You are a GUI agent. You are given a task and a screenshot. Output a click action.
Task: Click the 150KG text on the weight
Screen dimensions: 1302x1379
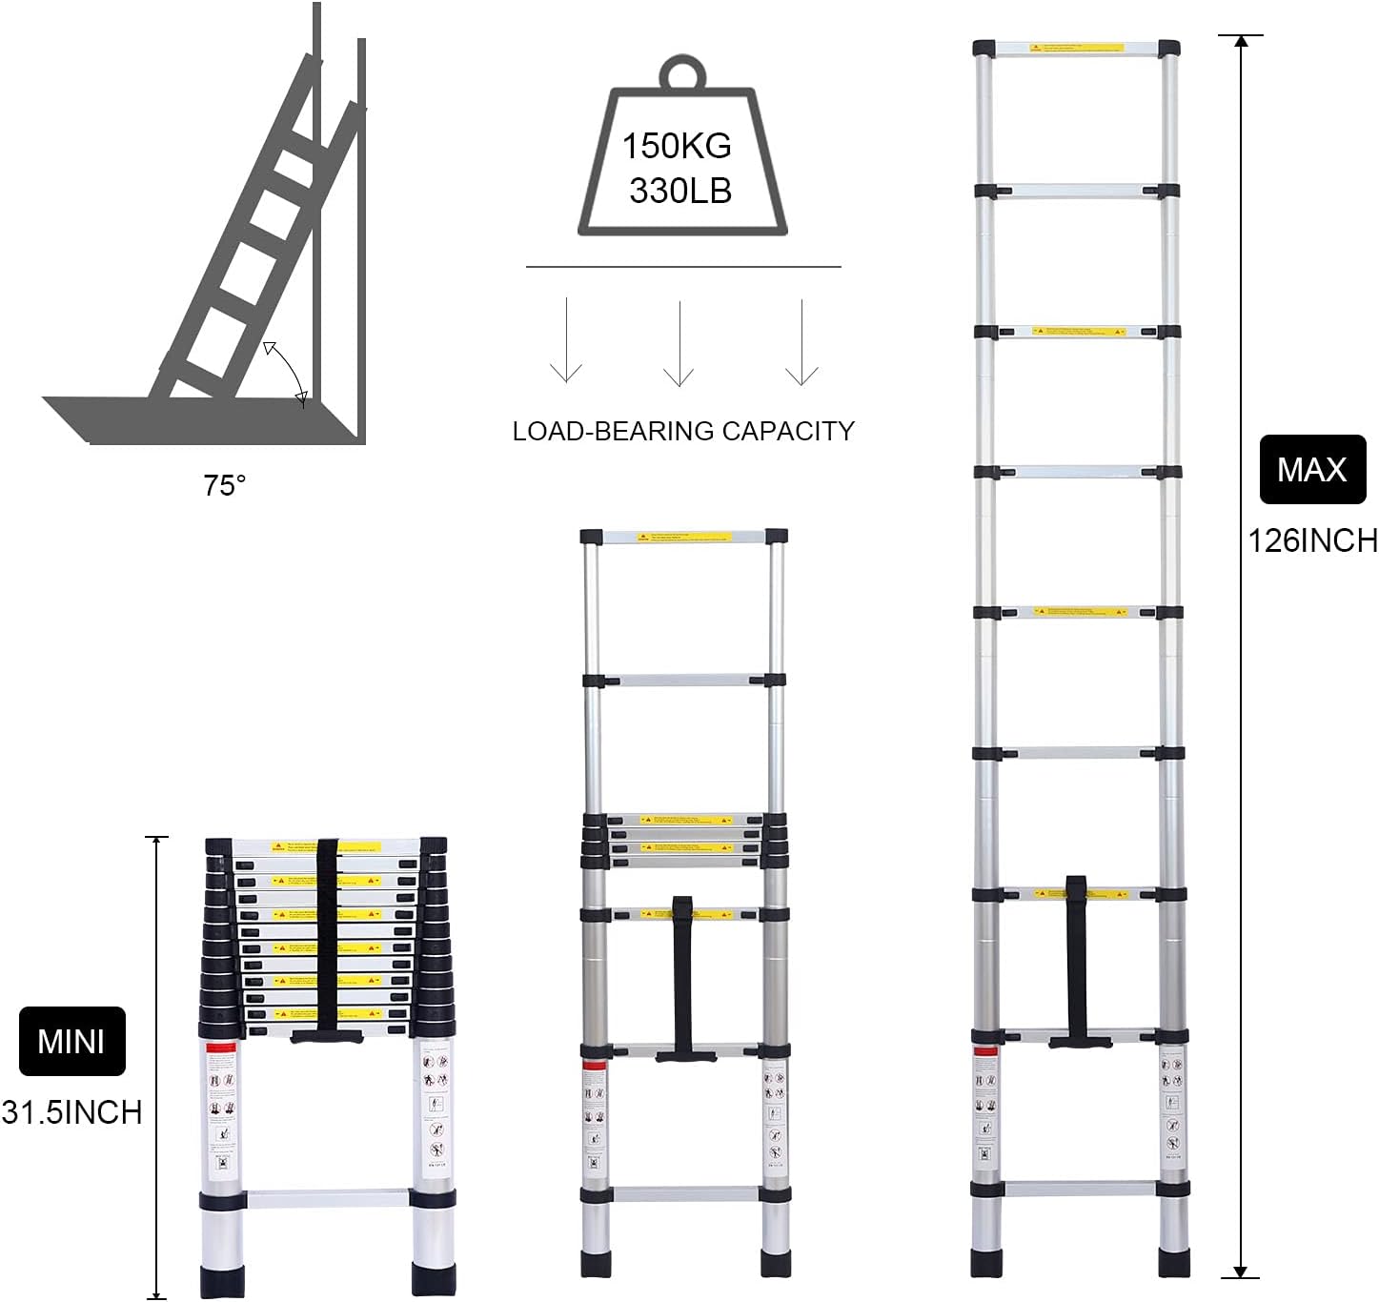click(677, 146)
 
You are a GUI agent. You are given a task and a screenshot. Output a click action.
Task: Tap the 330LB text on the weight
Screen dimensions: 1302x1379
click(680, 191)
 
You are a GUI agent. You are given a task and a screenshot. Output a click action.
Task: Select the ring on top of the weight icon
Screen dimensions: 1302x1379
click(683, 73)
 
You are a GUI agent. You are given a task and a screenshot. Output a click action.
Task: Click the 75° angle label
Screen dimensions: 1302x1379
click(225, 486)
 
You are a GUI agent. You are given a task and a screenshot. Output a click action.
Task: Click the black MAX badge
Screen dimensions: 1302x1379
click(1312, 469)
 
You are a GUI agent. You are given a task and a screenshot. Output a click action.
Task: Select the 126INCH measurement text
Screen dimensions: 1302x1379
click(1313, 540)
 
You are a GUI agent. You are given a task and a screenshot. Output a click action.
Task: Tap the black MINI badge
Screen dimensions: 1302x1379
click(72, 1041)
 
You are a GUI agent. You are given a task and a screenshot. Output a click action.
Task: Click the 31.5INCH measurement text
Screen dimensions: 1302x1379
click(72, 1111)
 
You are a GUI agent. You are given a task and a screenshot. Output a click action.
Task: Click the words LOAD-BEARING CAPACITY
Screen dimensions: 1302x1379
click(683, 431)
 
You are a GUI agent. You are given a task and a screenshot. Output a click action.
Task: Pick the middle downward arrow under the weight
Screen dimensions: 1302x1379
click(679, 344)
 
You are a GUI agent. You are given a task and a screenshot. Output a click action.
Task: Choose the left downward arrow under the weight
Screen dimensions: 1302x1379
click(566, 341)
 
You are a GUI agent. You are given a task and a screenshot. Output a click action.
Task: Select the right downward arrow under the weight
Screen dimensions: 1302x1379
click(801, 343)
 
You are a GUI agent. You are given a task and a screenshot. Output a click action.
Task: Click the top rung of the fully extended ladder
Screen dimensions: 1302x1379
click(1076, 48)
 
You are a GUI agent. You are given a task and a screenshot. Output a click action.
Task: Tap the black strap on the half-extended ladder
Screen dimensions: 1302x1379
click(682, 972)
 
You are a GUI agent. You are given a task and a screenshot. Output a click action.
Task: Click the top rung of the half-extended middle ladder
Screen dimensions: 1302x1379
click(683, 537)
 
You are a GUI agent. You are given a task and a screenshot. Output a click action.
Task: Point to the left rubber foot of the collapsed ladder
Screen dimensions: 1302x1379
click(221, 1279)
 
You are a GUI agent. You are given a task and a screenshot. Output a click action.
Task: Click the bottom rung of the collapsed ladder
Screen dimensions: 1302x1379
click(328, 1198)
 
